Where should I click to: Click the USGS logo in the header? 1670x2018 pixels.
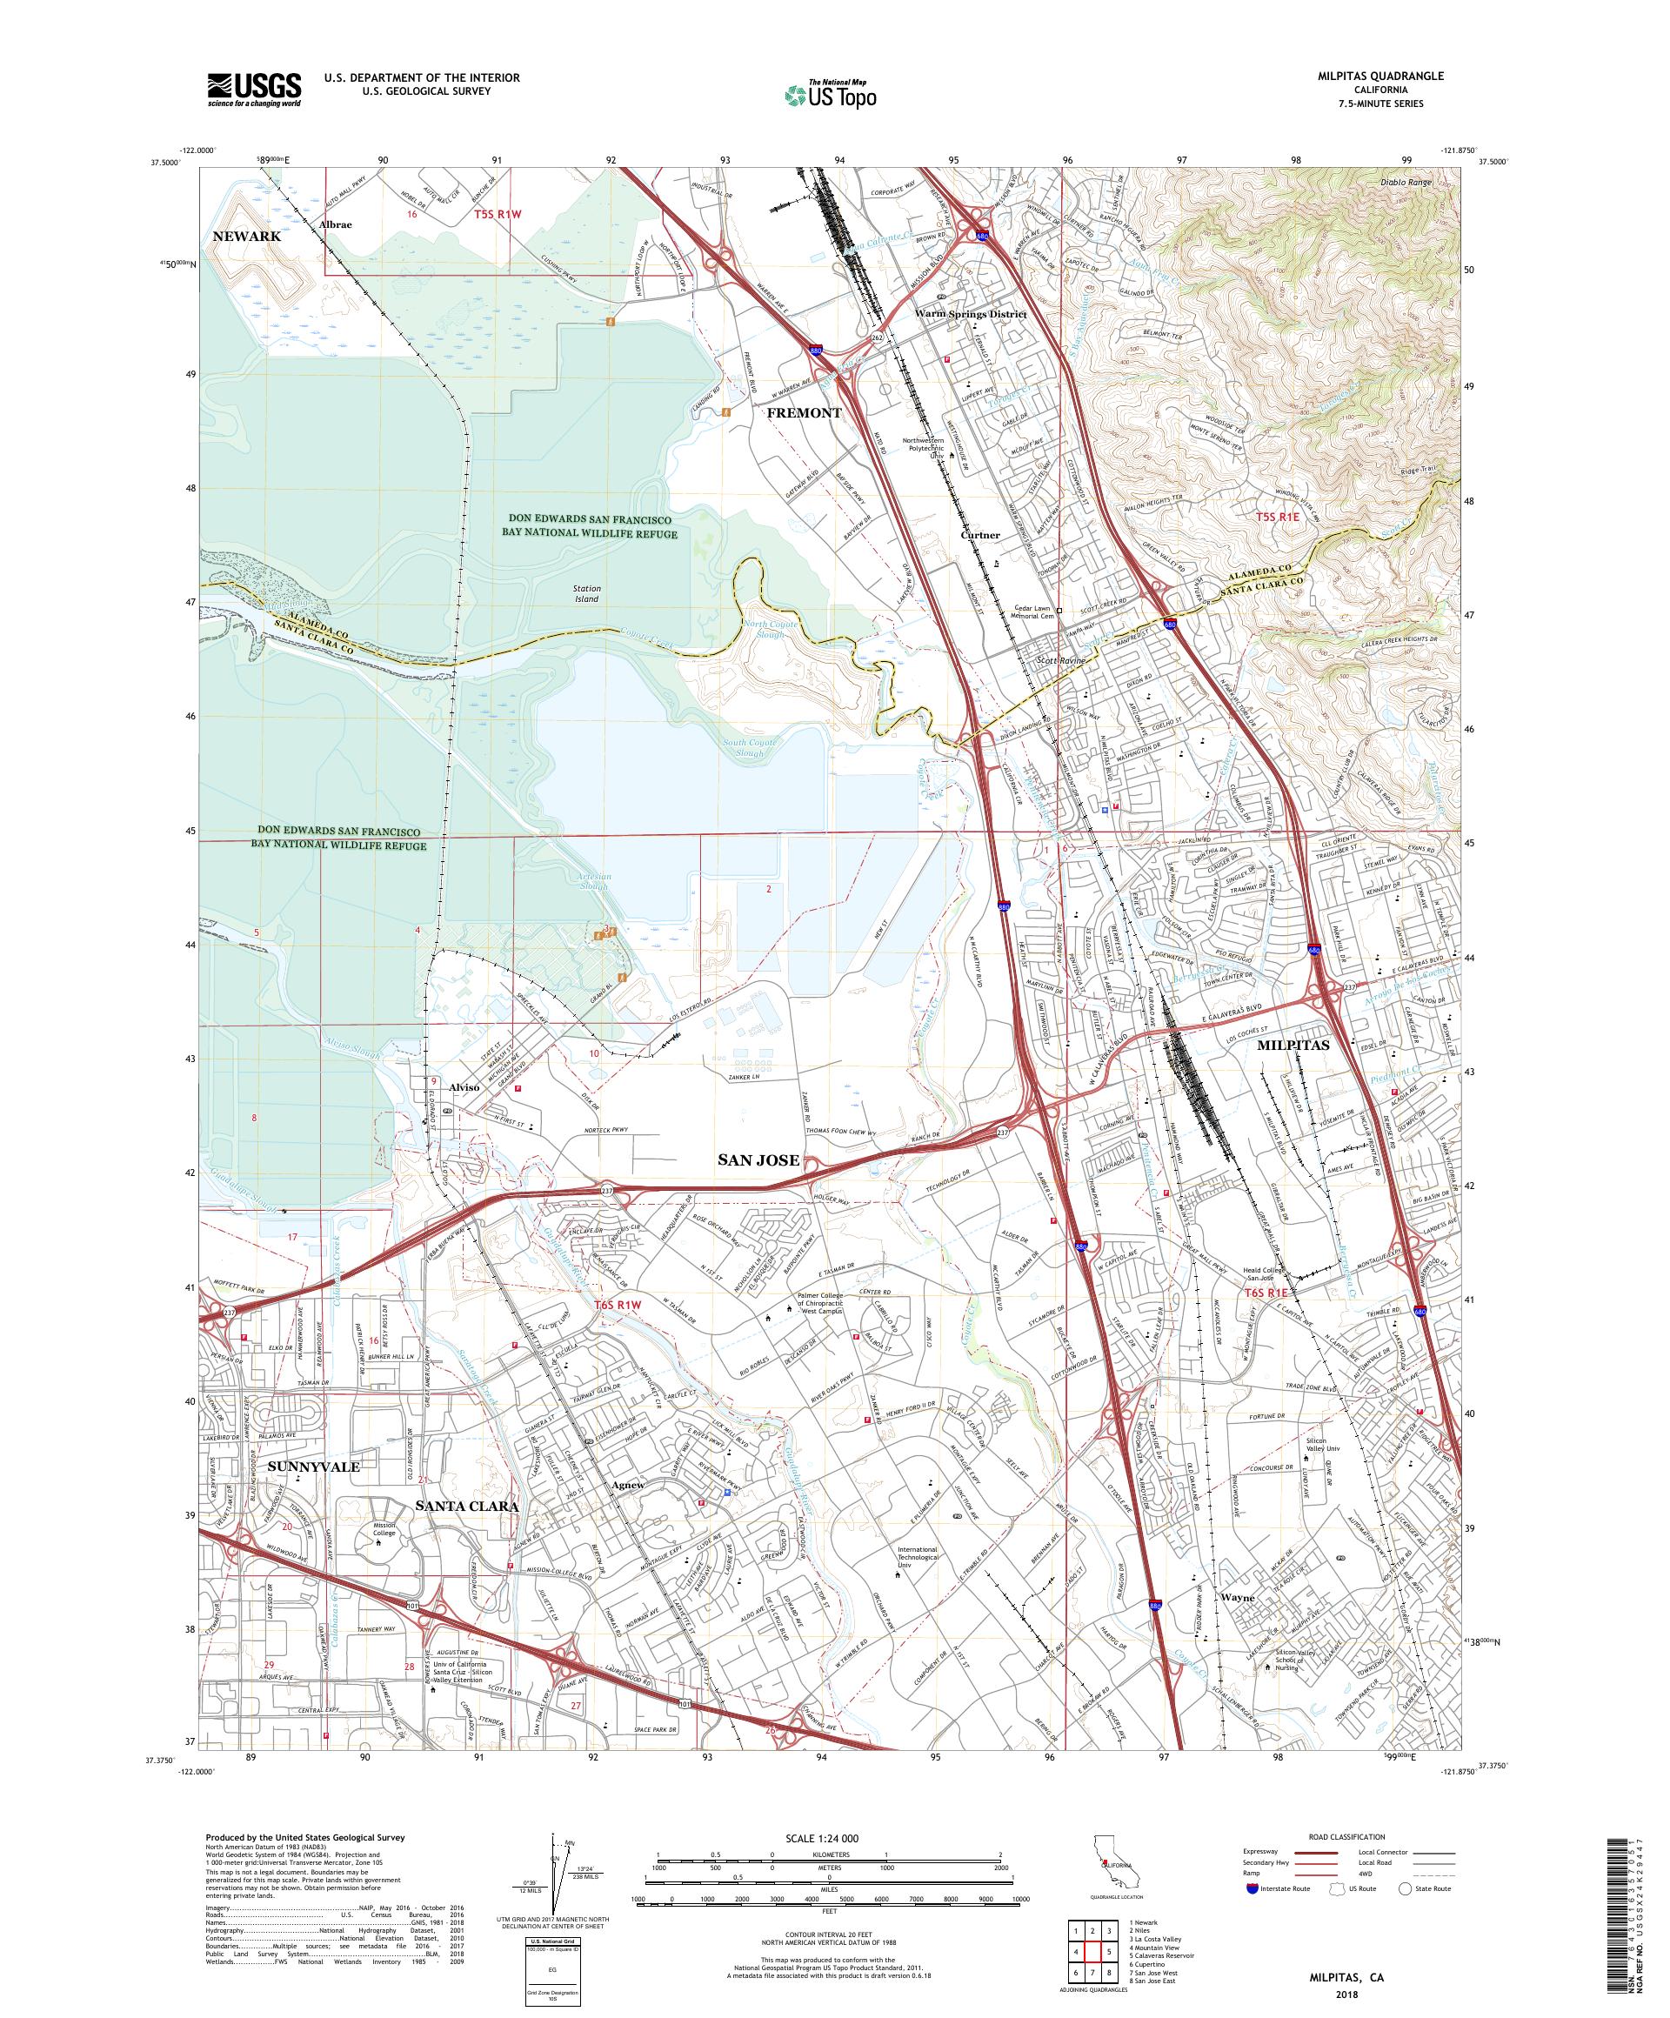[254, 90]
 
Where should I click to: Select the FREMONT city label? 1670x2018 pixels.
[804, 412]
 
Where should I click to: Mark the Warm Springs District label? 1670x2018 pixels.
[971, 314]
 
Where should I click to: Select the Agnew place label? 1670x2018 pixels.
[627, 1485]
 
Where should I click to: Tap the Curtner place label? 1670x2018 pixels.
[980, 535]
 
